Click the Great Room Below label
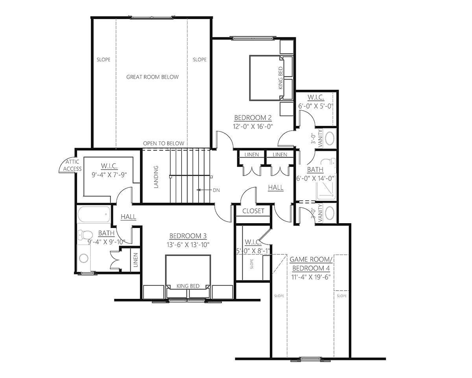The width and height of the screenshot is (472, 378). tap(153, 77)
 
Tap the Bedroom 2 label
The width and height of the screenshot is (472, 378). tap(253, 118)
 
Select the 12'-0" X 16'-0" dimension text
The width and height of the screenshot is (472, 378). tap(253, 126)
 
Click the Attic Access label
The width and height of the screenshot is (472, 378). tap(72, 165)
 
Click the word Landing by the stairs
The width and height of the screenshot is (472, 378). tap(156, 177)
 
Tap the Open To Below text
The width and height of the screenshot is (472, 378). tap(164, 143)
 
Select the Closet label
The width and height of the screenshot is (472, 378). tap(253, 211)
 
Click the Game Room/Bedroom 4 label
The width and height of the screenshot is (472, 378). tap(311, 264)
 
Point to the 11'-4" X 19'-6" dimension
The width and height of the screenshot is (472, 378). tap(311, 277)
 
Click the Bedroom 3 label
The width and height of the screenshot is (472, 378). tap(188, 236)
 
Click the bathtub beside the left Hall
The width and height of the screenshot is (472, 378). tap(94, 214)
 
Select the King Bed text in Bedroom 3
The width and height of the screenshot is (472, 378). tap(188, 286)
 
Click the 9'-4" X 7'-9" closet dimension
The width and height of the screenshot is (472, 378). tap(109, 175)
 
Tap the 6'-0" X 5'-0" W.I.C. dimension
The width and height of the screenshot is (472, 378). tap(315, 106)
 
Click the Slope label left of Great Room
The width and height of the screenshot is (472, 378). tap(103, 59)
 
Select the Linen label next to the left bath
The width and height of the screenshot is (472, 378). tap(136, 260)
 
